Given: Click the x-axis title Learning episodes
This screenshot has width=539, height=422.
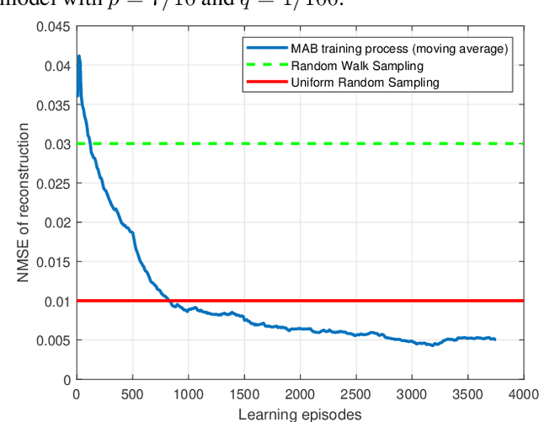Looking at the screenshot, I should tap(300, 413).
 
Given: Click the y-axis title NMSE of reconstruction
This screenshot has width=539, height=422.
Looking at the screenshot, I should tap(26, 202).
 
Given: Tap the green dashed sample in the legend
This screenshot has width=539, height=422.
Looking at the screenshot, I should tap(262, 66).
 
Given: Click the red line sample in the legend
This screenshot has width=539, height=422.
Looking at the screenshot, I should tap(262, 82).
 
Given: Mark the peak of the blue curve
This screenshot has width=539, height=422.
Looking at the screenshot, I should tap(79, 56).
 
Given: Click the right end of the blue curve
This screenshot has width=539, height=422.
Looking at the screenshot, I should tap(495, 339).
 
